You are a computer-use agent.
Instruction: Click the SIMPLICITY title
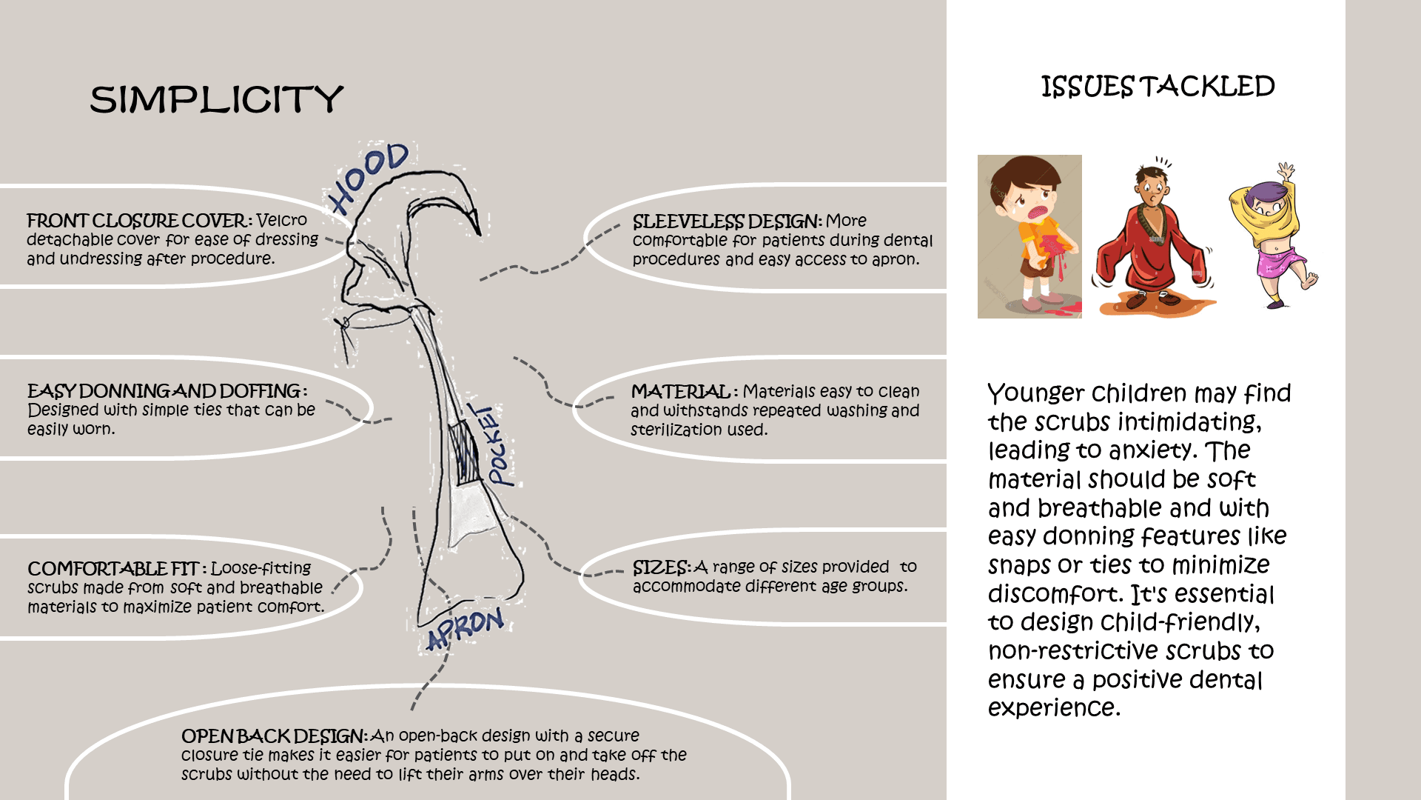216,99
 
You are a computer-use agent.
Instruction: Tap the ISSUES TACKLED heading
1158,87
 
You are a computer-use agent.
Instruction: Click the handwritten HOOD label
369,176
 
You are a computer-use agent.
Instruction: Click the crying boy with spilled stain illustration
1029,236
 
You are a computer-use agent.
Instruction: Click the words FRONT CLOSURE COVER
138,221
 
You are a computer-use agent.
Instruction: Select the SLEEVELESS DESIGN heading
727,221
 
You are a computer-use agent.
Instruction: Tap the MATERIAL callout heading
680,391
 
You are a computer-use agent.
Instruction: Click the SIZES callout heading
661,567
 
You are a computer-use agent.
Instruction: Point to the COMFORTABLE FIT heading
112,569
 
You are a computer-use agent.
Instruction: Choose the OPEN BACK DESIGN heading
273,736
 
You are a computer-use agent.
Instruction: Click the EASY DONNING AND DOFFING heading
164,391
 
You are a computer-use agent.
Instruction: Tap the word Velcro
282,220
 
